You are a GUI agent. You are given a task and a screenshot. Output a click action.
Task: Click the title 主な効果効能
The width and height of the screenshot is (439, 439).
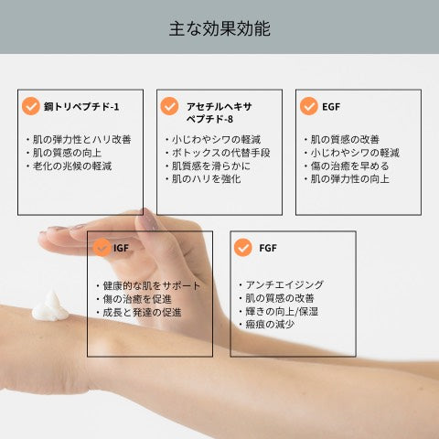click(219, 28)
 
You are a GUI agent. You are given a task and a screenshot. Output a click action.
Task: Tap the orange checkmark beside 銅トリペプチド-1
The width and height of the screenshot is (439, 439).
click(31, 106)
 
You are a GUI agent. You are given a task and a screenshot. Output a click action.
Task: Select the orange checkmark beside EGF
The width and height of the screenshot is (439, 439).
click(309, 106)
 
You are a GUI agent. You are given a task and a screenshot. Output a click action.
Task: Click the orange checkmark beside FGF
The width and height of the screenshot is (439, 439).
click(243, 247)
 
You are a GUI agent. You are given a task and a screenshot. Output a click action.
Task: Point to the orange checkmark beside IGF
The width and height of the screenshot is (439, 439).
click(102, 247)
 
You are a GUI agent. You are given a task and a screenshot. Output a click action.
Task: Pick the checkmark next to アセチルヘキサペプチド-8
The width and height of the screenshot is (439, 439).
click(169, 106)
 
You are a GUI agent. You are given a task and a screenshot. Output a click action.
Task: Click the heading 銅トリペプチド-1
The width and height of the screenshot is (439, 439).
click(81, 107)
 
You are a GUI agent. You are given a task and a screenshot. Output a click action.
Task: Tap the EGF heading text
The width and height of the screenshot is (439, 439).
click(331, 107)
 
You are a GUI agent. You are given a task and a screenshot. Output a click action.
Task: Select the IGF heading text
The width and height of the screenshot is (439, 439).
click(121, 248)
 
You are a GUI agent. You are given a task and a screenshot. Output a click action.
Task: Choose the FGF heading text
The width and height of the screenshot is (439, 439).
click(268, 248)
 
